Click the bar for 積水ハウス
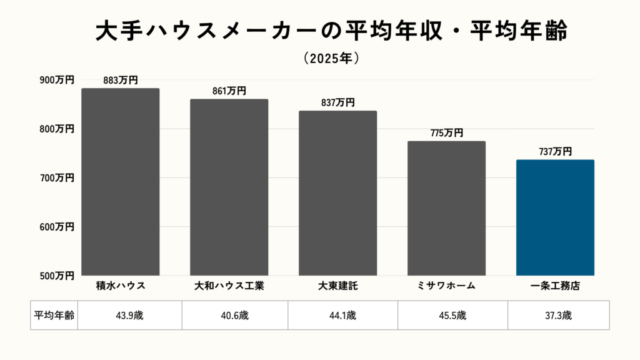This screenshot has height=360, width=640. (121, 181)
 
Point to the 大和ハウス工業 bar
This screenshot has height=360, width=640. (229, 187)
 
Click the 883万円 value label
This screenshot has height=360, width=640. (121, 80)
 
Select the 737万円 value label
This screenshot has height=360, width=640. (555, 151)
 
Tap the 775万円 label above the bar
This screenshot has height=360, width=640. (446, 132)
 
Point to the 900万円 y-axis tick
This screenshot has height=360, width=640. (57, 80)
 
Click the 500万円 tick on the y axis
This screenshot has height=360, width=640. (57, 275)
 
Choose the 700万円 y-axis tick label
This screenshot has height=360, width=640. (57, 177)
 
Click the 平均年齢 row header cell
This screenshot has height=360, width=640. (54, 315)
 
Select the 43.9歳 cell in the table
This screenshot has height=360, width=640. (130, 315)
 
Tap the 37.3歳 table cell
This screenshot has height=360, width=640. (558, 315)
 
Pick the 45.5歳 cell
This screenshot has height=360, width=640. (452, 315)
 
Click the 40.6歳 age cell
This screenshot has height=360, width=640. (235, 315)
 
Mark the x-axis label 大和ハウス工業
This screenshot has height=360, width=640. (229, 286)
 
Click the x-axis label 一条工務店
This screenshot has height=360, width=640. (555, 286)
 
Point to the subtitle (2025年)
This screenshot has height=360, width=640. (331, 58)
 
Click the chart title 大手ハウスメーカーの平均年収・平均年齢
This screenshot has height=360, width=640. (331, 32)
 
